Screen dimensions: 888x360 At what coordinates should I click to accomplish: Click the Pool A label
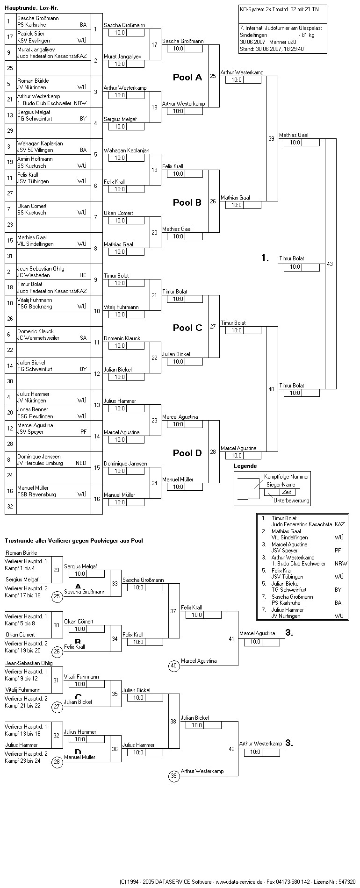tap(187, 78)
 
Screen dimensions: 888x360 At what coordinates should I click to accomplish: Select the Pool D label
tap(187, 453)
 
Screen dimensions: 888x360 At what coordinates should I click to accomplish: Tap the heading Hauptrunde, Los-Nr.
tap(32, 8)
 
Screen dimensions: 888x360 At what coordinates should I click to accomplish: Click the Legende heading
tap(245, 466)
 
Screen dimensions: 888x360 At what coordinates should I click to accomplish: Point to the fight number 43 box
tap(330, 264)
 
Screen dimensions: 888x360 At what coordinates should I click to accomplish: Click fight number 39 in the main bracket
tap(272, 139)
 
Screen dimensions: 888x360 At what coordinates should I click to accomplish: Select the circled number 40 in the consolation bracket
tap(174, 666)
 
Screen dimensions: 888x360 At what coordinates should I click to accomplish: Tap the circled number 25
tap(57, 596)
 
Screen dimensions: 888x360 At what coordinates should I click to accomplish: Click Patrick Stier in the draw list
tap(31, 34)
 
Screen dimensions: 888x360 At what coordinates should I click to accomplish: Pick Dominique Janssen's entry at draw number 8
tap(39, 457)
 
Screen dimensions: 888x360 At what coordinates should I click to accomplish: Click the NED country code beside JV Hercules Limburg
tap(81, 463)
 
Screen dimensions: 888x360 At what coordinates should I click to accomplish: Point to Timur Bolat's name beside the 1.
tap(292, 258)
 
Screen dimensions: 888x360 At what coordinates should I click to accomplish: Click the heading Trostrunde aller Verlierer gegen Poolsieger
tap(74, 541)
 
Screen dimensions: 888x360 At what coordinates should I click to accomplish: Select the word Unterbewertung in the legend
tap(291, 501)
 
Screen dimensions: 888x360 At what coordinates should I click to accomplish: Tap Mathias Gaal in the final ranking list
tap(286, 531)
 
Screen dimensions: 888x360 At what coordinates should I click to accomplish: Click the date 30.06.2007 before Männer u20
tap(253, 42)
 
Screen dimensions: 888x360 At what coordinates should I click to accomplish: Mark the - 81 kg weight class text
tap(306, 35)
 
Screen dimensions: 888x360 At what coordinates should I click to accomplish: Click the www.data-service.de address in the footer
tap(238, 882)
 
